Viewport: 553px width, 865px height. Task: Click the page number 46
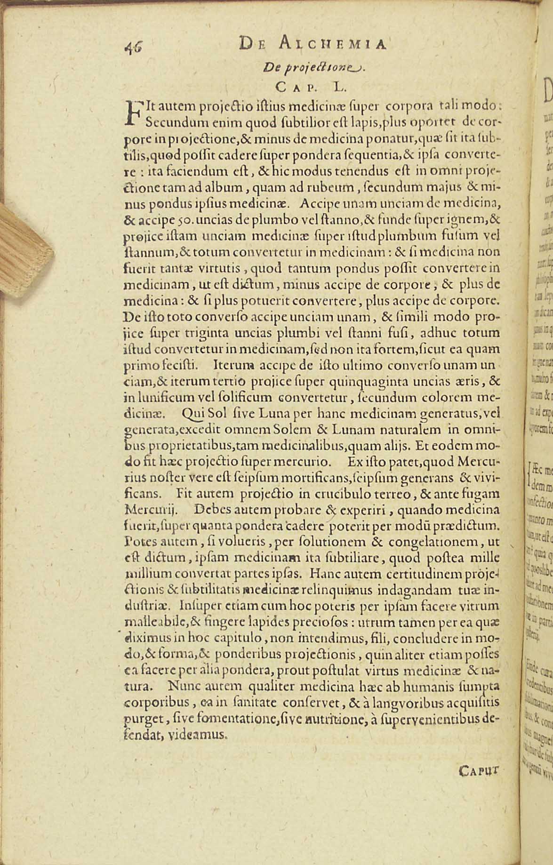(x=134, y=47)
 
